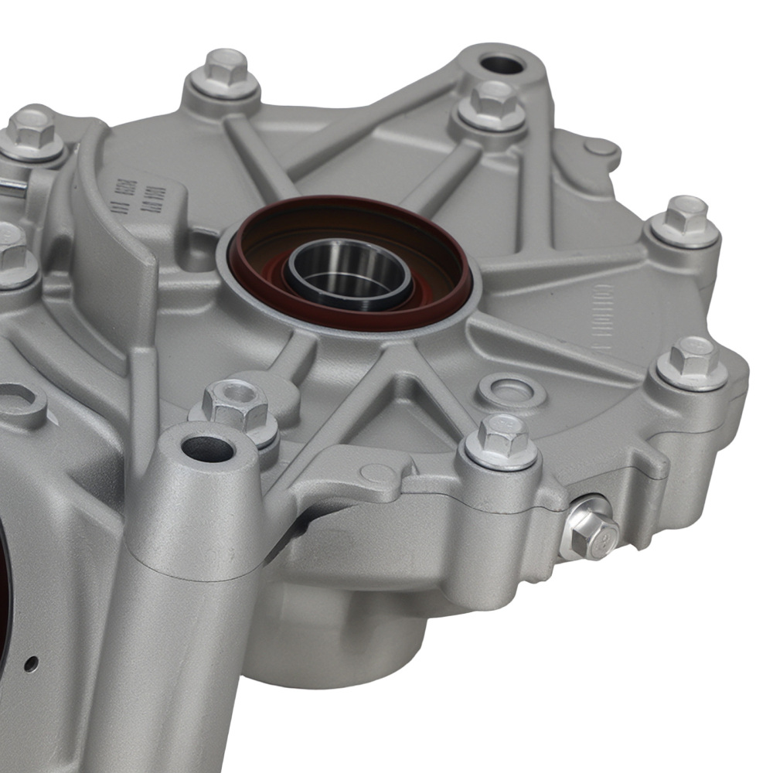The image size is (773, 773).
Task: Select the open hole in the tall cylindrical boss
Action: [208, 448]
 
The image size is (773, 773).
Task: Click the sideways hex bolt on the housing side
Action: [592, 529]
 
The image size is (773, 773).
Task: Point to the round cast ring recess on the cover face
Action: [511, 390]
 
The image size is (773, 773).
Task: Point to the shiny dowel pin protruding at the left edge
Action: [12, 186]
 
